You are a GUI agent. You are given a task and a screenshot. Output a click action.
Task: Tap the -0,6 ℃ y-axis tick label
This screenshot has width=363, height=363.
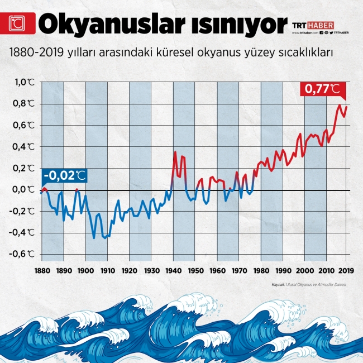pyautogui.click(x=25, y=254)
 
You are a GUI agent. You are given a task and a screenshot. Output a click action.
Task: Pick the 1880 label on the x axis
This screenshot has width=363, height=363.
pyautogui.click(x=41, y=271)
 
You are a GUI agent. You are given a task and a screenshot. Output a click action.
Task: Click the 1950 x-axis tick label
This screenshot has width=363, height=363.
pyautogui.click(x=195, y=271)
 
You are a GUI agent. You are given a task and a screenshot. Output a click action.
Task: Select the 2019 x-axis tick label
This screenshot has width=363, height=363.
pyautogui.click(x=346, y=271)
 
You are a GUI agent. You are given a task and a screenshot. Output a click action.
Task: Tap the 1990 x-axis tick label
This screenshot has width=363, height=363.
pyautogui.click(x=283, y=271)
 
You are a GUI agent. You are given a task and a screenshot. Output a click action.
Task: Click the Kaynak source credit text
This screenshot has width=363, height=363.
pyautogui.click(x=309, y=285)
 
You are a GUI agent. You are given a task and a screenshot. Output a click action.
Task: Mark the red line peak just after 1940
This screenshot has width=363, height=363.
pyautogui.click(x=175, y=152)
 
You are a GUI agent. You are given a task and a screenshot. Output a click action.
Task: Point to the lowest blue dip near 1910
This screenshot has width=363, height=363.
pyautogui.click(x=104, y=238)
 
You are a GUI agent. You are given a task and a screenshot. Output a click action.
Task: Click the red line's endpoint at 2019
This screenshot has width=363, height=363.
pyautogui.click(x=347, y=107)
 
